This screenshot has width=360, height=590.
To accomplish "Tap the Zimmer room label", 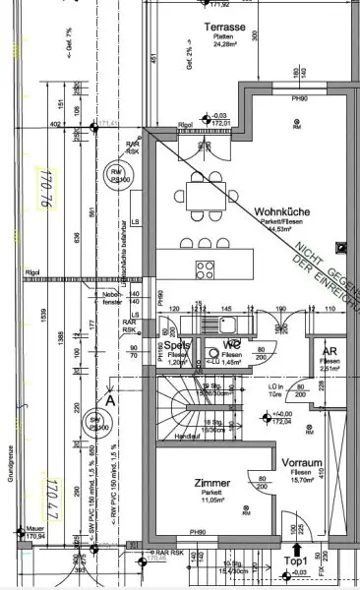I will [185, 484].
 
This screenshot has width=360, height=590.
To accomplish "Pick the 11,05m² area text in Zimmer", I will [185, 501].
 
